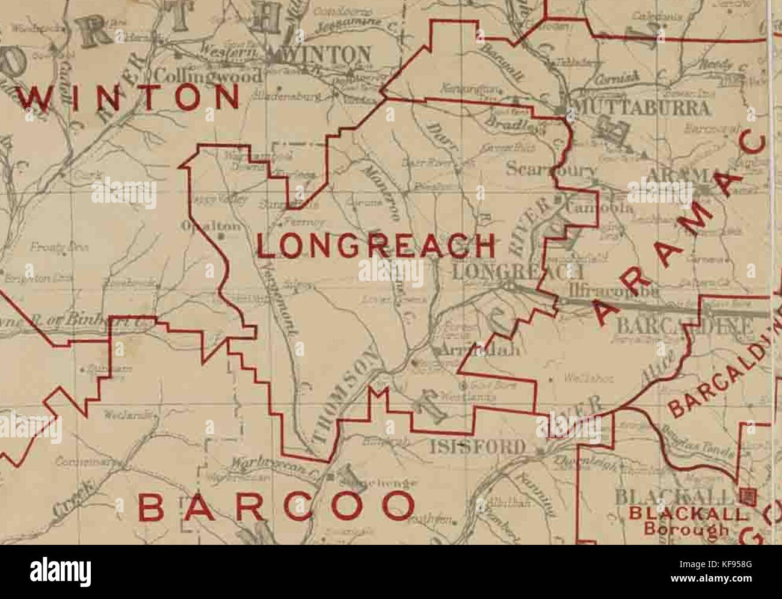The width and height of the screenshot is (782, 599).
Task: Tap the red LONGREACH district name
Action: coord(377,246)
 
